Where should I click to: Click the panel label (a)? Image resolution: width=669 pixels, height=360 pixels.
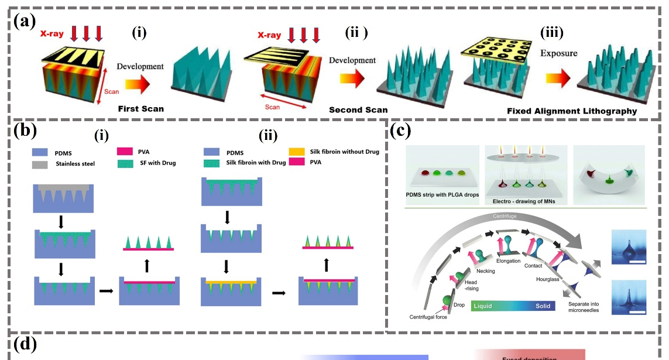24,22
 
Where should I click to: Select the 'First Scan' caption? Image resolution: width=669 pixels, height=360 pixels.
141,109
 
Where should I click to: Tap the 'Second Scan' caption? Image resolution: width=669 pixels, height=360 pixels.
358,109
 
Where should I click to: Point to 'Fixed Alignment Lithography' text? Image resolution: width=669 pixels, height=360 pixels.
572,110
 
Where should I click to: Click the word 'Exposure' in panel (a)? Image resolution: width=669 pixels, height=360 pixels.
558,53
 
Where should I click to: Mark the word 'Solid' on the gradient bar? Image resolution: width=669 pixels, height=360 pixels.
542,306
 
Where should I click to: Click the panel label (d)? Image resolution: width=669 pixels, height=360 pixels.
25,345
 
